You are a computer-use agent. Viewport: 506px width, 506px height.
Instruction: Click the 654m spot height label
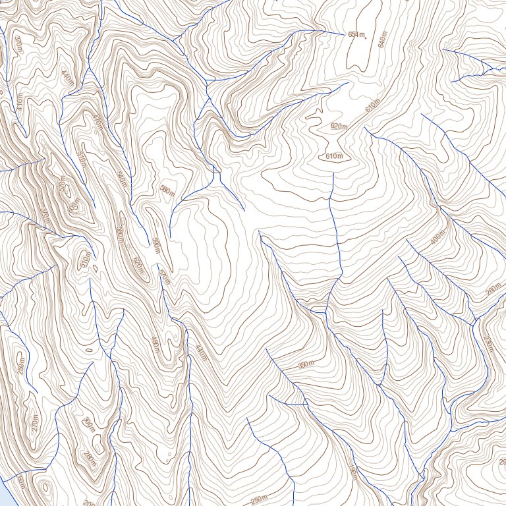point(356,34)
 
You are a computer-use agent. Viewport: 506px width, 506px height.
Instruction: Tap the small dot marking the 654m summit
point(366,37)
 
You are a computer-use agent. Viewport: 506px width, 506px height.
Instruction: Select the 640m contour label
point(382,39)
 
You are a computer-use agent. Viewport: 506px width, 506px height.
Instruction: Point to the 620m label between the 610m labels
point(339,126)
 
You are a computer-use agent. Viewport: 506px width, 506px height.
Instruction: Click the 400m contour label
point(437,238)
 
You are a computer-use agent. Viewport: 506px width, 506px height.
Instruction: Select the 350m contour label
point(306,364)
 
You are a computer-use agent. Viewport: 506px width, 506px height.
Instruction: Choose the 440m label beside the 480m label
point(200,353)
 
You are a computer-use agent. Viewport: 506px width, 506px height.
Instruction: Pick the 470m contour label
point(98,123)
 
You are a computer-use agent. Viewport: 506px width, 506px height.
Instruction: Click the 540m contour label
point(121,178)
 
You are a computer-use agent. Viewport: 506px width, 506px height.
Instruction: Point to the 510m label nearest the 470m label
point(82,159)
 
